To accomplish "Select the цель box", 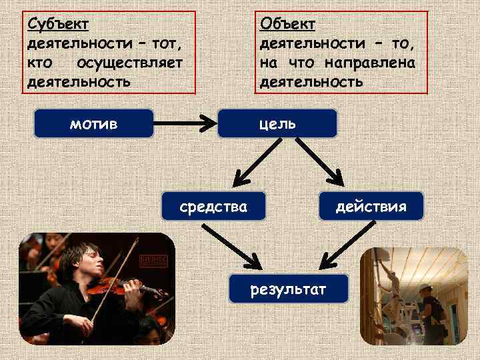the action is [x=278, y=123].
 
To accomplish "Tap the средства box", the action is [x=213, y=207].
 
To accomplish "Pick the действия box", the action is [x=371, y=207].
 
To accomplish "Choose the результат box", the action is [x=288, y=289].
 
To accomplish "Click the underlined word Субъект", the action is [x=58, y=24].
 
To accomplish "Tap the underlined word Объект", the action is [x=288, y=24].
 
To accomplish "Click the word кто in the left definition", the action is [x=39, y=63].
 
